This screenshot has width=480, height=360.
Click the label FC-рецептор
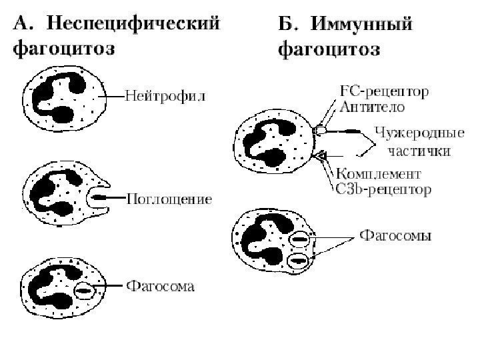[x=385, y=91]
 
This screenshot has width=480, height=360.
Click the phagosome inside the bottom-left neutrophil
[x=85, y=290]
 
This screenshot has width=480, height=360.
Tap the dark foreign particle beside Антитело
[x=339, y=132]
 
